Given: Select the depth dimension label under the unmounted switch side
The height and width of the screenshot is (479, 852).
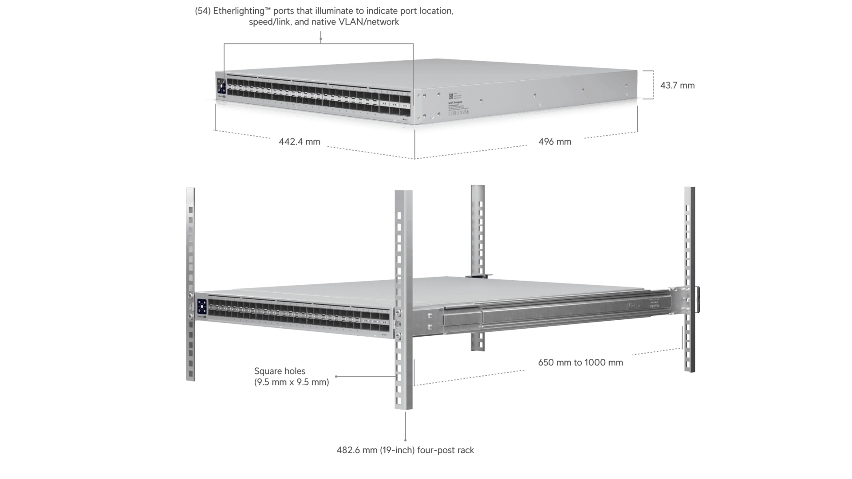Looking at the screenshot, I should [553, 141].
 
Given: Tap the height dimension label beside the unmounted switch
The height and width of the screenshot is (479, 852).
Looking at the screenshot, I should [678, 86].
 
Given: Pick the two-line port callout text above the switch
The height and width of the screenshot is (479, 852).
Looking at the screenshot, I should [324, 17].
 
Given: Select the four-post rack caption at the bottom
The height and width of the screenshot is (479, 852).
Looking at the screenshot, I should [405, 450].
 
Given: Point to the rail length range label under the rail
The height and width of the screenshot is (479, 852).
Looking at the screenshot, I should [580, 364].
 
